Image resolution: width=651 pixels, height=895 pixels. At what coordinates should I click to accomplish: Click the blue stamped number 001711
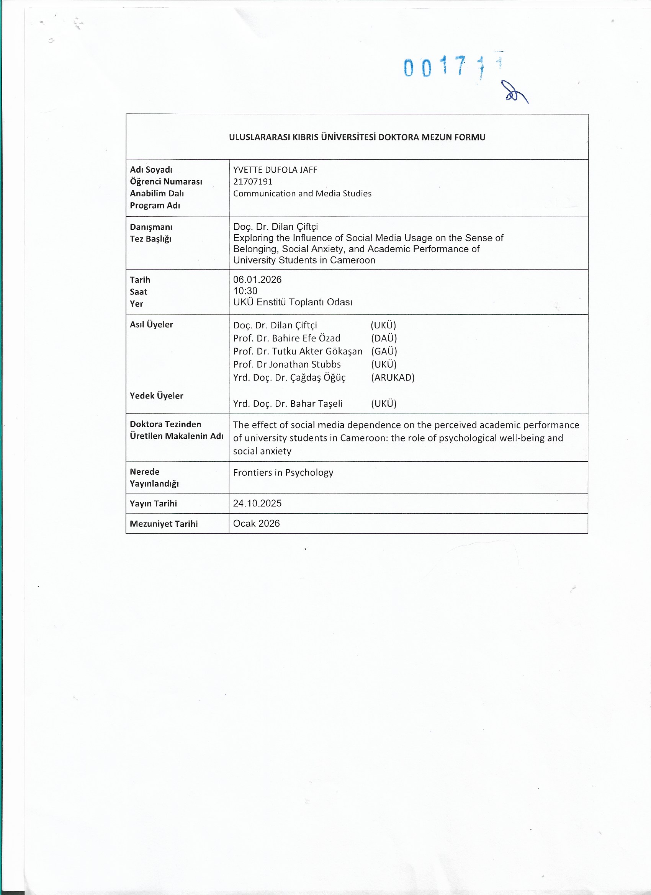[x=453, y=66]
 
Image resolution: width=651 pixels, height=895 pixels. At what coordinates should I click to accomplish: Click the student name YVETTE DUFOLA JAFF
[x=275, y=170]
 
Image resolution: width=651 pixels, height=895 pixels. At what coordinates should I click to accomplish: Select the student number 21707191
[x=253, y=181]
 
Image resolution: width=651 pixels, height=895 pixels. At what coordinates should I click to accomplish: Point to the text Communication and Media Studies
[x=302, y=193]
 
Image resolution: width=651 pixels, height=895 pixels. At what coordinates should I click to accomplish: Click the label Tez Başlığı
[x=150, y=239]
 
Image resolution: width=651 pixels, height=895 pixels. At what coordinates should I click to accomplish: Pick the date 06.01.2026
[x=257, y=280]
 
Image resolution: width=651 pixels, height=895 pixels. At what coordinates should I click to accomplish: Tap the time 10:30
[x=245, y=291]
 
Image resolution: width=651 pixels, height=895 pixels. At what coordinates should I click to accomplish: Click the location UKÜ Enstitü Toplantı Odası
[x=293, y=302]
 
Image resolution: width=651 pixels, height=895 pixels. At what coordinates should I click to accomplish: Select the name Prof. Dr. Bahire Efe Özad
[x=286, y=338]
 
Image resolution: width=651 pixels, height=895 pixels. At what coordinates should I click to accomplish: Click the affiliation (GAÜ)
[x=384, y=351]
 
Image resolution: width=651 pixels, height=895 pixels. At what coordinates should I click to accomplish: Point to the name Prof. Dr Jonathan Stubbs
[x=286, y=364]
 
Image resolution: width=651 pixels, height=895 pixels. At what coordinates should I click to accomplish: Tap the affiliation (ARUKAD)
[x=393, y=378]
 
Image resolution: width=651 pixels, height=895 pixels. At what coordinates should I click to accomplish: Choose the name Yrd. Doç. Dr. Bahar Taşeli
[x=288, y=404]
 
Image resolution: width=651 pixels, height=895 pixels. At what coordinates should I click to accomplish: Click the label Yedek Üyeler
[x=156, y=396]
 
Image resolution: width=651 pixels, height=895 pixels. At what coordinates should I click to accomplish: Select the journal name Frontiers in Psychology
[x=283, y=473]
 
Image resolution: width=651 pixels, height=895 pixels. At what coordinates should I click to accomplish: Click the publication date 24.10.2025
[x=257, y=503]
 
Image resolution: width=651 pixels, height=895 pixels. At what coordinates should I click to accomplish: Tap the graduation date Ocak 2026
[x=256, y=524]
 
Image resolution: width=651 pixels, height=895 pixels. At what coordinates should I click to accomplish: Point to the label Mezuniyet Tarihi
[x=164, y=524]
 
